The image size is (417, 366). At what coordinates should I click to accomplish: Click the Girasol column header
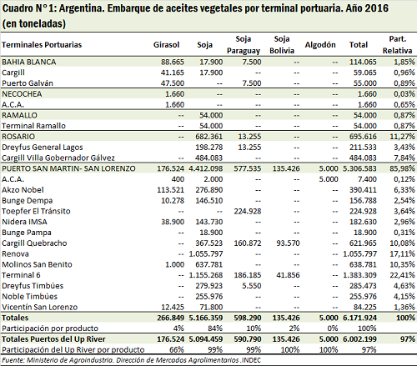[x=166, y=45]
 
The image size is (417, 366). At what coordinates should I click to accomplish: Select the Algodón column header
[x=320, y=45]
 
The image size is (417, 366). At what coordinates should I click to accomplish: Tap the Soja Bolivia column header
[x=282, y=45]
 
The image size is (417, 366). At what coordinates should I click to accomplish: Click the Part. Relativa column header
[x=397, y=45]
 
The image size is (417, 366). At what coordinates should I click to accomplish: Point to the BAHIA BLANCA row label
[x=29, y=62]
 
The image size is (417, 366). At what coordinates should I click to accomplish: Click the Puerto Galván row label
[x=28, y=83]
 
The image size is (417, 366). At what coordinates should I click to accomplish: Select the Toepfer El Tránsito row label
[x=36, y=211]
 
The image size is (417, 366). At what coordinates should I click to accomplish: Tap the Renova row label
[x=15, y=253]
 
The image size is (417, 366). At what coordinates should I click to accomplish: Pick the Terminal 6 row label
[x=21, y=275]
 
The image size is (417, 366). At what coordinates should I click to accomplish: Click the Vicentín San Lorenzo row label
[x=39, y=307]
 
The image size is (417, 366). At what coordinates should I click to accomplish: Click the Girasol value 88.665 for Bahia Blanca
[x=173, y=62]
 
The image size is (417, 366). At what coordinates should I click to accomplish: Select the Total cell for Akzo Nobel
[x=363, y=190]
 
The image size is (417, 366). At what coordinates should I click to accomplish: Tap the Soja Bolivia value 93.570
[x=288, y=243]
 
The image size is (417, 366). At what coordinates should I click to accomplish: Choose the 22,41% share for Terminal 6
[x=402, y=275]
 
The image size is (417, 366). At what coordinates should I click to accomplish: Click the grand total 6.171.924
[x=359, y=318]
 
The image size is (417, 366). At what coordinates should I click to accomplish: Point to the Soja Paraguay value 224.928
[x=248, y=211]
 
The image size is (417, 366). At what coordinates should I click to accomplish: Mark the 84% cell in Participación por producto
[x=215, y=328]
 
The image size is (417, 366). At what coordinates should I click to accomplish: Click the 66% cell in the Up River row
[x=177, y=349]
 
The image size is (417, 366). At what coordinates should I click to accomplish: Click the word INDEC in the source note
[x=251, y=360]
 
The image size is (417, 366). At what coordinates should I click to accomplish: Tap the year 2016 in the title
[x=376, y=8]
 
